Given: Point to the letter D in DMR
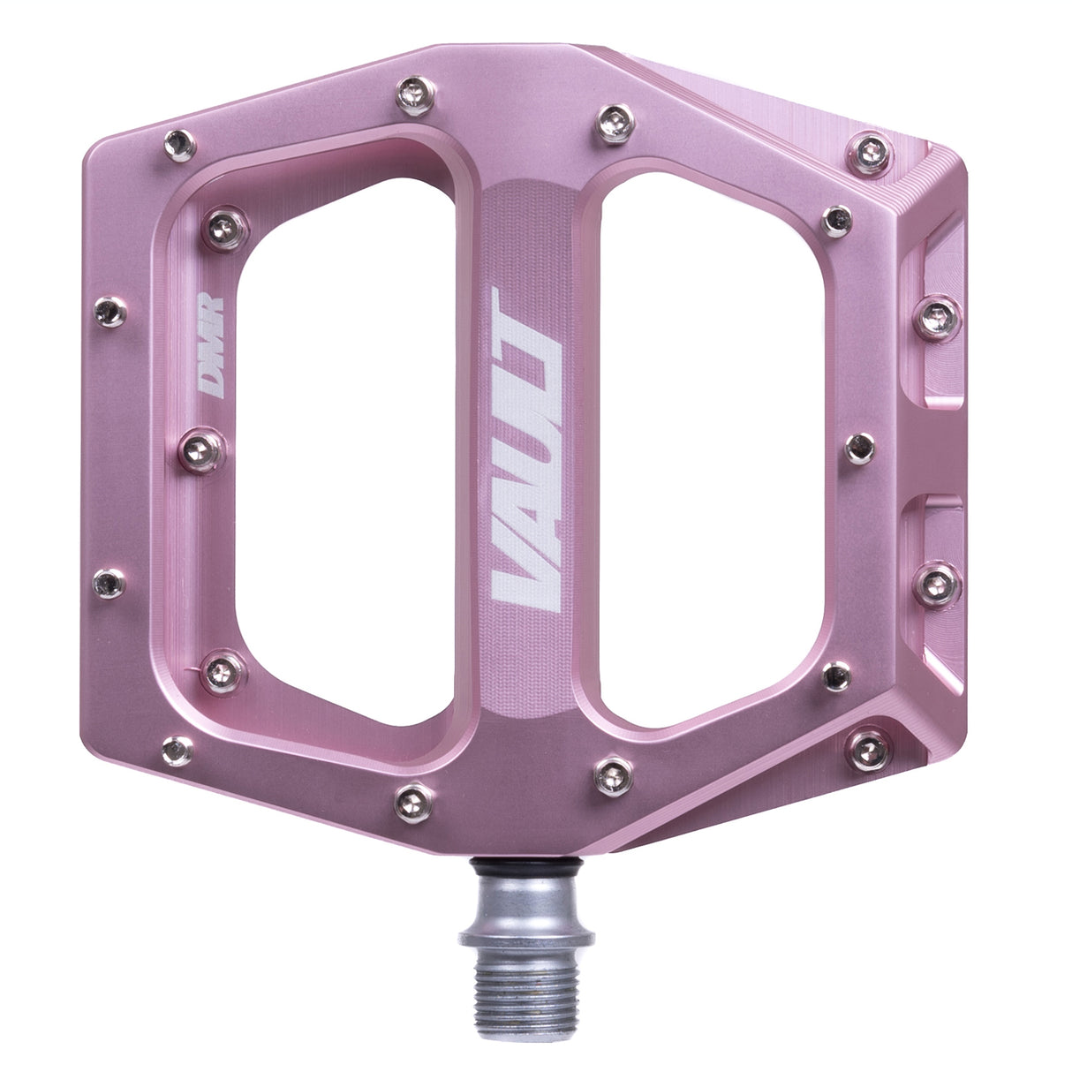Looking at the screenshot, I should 211,375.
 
